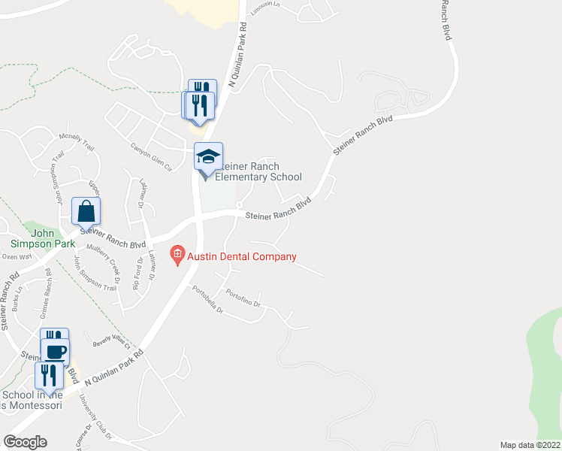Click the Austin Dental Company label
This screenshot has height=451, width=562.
pyautogui.click(x=242, y=256)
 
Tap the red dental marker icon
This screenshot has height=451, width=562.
pyautogui.click(x=177, y=256)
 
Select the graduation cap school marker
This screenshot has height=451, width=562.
pyautogui.click(x=208, y=157)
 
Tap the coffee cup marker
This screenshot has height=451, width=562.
pyautogui.click(x=55, y=352)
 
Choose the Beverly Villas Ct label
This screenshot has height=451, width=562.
pyautogui.click(x=111, y=343)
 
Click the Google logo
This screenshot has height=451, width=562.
pyautogui.click(x=25, y=442)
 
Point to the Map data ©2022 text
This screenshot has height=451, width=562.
pyautogui.click(x=530, y=444)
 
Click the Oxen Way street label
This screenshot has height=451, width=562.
pyautogui.click(x=16, y=256)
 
